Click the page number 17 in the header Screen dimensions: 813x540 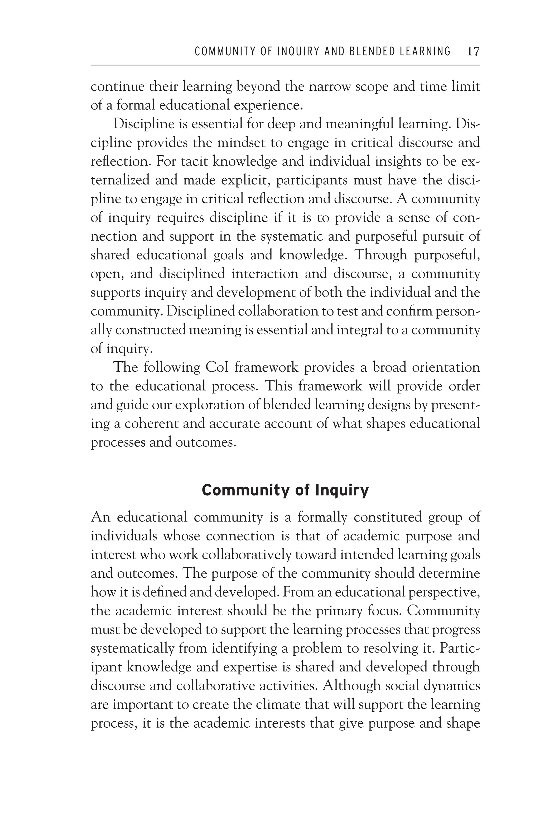[x=473, y=52]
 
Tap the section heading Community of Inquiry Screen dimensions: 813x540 [x=285, y=490]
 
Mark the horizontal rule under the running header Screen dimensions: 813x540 [x=285, y=65]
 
